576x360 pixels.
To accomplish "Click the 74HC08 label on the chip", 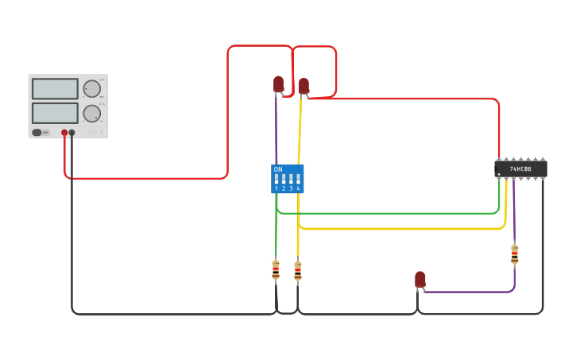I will point(520,169).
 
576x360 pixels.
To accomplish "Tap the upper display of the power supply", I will point(55,88).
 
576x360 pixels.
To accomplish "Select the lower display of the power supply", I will point(55,113).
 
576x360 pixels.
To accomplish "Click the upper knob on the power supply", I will point(92,88).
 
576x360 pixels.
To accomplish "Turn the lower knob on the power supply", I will point(92,113).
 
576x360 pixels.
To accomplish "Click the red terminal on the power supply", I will point(64,133).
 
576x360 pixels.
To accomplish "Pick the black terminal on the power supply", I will point(72,133).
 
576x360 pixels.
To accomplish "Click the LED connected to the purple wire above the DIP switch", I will point(278,83).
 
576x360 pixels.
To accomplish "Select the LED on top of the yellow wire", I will point(303,85).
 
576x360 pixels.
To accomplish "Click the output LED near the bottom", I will point(420,279).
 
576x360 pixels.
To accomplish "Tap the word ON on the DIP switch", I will point(277,169).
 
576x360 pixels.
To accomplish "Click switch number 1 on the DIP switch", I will point(276,180).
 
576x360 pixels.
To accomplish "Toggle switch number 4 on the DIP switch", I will point(298,180).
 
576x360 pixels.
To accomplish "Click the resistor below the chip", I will point(514,254).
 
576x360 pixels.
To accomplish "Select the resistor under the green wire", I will point(276,270).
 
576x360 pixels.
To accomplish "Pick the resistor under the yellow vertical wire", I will point(298,271).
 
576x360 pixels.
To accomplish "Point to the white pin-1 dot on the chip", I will point(499,174).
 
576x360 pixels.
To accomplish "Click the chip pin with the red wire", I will point(499,160).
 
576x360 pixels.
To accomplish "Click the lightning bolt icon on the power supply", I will point(102,133).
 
